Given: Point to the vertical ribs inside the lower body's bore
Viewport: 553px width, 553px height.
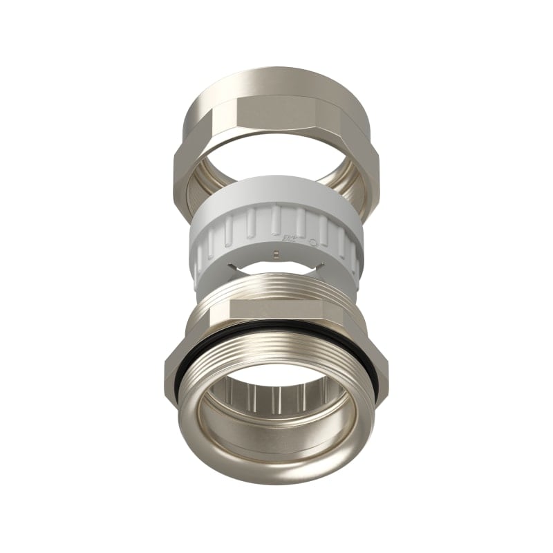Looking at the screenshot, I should pyautogui.click(x=276, y=401).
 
